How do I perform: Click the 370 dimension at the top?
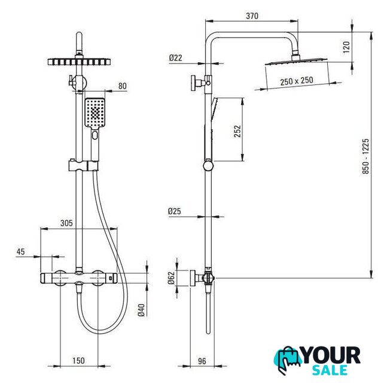pyautogui.click(x=252, y=16)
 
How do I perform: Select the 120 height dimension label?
pyautogui.click(x=346, y=47)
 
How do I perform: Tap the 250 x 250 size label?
pyautogui.click(x=297, y=81)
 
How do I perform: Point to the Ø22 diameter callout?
pyautogui.click(x=175, y=58)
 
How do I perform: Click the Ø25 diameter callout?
pyautogui.click(x=175, y=211)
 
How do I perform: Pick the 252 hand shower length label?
pyautogui.click(x=237, y=131)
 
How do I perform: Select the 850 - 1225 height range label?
pyautogui.click(x=365, y=156)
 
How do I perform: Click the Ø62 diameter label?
pyautogui.click(x=171, y=278)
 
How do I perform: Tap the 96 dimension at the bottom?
pyautogui.click(x=202, y=361)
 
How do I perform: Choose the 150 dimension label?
pyautogui.click(x=78, y=360)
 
